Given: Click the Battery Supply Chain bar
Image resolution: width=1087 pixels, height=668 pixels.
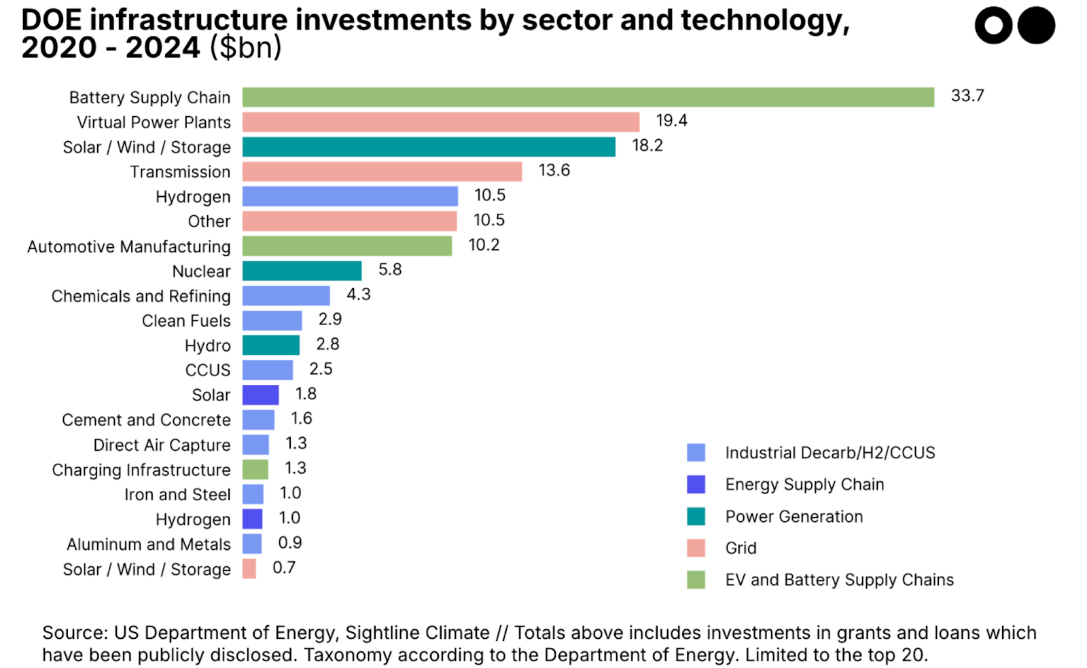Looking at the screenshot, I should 588,97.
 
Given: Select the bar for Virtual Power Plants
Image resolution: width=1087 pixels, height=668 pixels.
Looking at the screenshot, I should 440,122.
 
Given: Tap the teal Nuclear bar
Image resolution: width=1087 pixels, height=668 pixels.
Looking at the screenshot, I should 302,271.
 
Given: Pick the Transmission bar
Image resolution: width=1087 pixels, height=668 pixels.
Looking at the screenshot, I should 382,172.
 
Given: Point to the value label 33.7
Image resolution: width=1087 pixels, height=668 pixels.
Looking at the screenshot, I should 967,96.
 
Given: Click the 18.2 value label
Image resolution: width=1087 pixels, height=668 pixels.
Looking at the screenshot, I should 647,145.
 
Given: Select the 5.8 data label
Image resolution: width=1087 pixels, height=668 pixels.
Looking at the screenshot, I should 390,270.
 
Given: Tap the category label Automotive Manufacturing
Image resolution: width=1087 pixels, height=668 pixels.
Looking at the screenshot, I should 129,246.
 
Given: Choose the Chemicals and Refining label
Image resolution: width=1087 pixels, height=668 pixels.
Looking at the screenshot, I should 141,296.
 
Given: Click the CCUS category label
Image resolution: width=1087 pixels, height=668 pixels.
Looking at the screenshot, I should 208,370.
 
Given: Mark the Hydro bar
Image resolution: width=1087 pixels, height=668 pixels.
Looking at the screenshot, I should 270,345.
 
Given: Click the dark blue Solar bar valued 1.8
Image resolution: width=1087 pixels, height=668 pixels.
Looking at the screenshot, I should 260,394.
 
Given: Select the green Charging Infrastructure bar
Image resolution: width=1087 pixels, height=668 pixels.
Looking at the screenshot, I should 255,469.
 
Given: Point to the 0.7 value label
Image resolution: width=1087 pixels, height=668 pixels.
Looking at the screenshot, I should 284,568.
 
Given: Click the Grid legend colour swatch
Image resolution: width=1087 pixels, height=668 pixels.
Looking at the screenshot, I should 696,548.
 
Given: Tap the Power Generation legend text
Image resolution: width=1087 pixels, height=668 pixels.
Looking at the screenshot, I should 794,517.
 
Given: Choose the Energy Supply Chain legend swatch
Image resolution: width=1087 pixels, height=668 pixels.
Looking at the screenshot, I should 696,484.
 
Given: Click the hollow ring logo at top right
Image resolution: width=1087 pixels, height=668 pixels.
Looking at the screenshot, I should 993,26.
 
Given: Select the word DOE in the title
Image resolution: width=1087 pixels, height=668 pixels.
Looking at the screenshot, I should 50,20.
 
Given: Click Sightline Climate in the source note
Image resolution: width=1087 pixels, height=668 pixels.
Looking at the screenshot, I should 417,633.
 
